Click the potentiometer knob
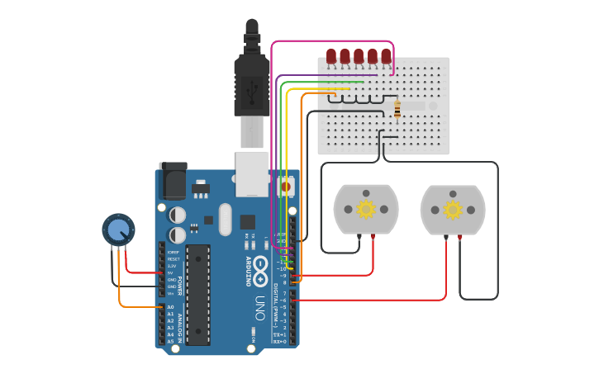(x=118, y=229)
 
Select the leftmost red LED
(x=331, y=56)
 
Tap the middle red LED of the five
(x=359, y=56)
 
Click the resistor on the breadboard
(x=397, y=109)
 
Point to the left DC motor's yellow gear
(x=366, y=210)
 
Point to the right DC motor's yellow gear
(x=453, y=210)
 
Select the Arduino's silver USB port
(x=252, y=173)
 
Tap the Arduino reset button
(x=286, y=187)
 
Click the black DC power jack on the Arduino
(x=174, y=181)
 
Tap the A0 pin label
(x=171, y=307)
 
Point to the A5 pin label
(x=171, y=340)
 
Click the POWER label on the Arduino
(x=179, y=285)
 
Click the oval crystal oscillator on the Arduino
(x=226, y=220)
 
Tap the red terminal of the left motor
(x=374, y=237)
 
